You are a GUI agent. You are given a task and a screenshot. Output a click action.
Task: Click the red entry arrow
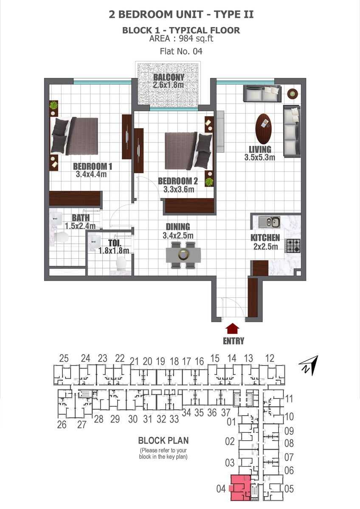[232, 329]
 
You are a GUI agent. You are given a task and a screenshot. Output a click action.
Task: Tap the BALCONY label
[169, 77]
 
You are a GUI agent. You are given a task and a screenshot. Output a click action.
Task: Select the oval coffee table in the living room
[264, 129]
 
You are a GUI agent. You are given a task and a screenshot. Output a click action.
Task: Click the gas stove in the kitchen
[293, 246]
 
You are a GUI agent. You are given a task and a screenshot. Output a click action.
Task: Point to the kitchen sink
[269, 222]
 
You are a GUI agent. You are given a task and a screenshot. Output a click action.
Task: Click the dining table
[183, 255]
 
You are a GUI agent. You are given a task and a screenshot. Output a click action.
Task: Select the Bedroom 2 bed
[188, 151]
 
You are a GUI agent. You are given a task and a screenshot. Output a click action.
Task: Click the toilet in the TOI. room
[121, 263]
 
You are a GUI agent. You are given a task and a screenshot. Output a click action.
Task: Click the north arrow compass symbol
[309, 365]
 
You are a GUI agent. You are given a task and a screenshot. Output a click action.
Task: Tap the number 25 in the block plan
[64, 358]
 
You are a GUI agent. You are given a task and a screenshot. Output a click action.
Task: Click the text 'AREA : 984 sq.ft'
[181, 39]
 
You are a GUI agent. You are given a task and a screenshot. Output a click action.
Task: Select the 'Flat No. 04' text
[181, 51]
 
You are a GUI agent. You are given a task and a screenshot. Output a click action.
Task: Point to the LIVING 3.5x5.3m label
[260, 153]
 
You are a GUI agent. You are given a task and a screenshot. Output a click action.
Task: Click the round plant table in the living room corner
[292, 93]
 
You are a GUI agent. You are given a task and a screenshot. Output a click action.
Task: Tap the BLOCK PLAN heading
[163, 440]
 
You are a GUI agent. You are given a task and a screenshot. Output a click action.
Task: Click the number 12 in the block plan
[270, 358]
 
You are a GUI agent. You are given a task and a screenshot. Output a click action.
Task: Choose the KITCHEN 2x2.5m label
[265, 242]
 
